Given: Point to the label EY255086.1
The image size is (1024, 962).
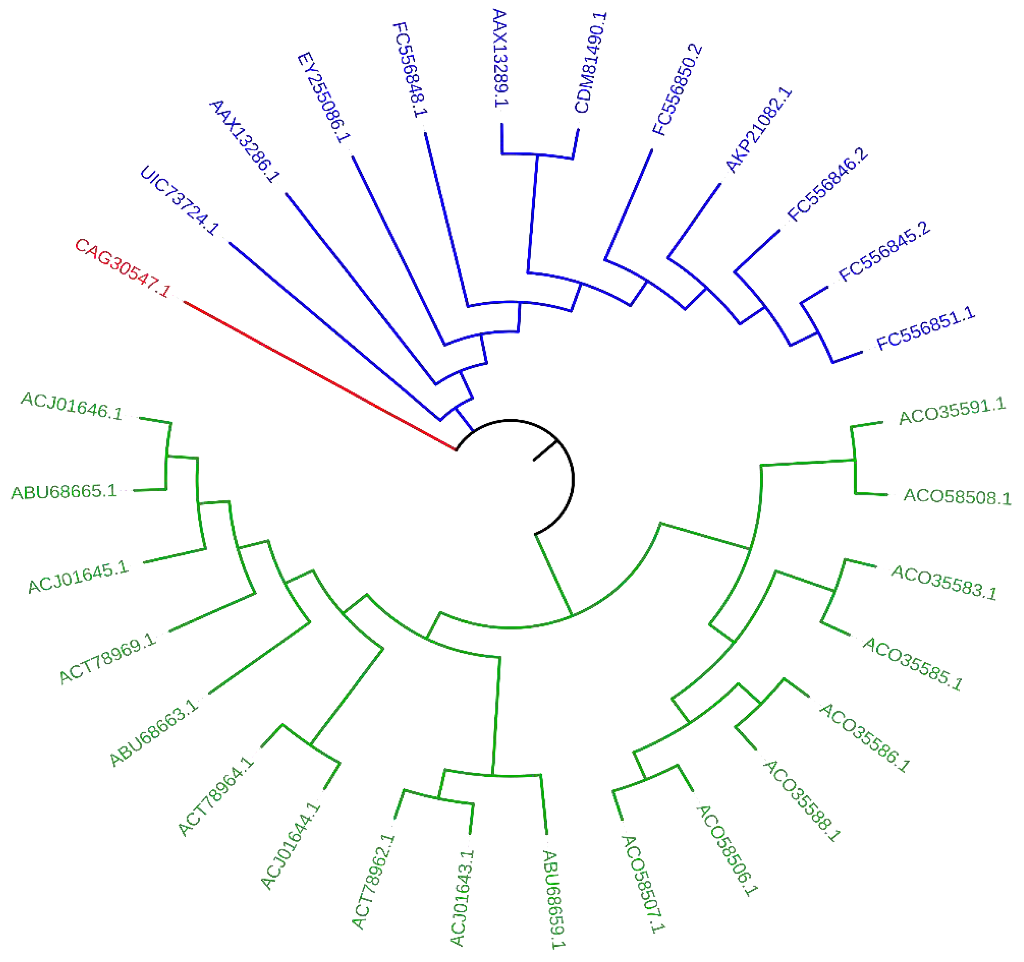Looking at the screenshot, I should pyautogui.click(x=323, y=97).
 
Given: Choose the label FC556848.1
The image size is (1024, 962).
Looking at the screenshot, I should pyautogui.click(x=410, y=69).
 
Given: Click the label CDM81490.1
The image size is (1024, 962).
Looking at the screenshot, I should pyautogui.click(x=591, y=62).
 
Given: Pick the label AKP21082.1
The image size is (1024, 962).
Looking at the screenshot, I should pyautogui.click(x=758, y=130).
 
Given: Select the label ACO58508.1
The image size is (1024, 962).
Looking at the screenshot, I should pyautogui.click(x=957, y=496).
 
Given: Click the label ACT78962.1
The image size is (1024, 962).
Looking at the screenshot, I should pyautogui.click(x=373, y=881).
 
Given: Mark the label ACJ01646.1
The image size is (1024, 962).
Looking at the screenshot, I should pyautogui.click(x=72, y=406).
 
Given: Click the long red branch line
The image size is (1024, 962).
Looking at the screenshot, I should pyautogui.click(x=319, y=376).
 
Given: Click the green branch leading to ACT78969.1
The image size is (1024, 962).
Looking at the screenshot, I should pyautogui.click(x=212, y=612).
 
